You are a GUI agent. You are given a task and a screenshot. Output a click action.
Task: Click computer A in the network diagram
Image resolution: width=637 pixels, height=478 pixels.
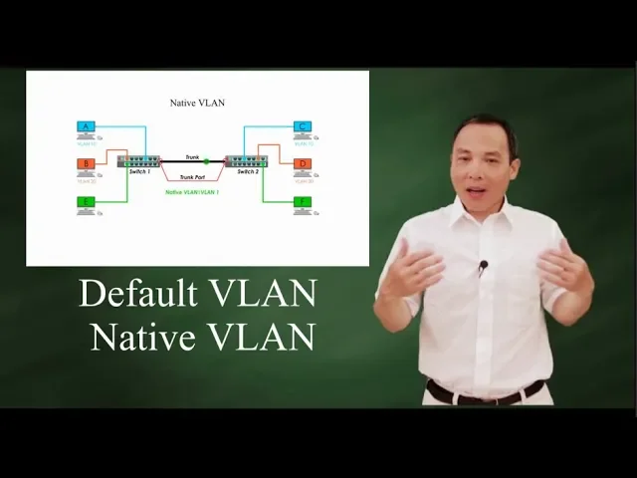(x=87, y=127)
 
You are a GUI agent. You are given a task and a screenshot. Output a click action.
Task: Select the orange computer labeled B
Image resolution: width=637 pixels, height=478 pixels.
(x=87, y=164)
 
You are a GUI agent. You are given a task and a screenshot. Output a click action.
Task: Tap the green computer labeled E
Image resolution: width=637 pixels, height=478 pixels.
(x=87, y=203)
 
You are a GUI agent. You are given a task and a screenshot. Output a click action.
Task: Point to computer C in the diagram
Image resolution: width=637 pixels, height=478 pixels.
(x=303, y=127)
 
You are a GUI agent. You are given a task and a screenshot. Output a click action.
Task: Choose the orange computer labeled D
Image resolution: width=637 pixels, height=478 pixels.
(x=303, y=164)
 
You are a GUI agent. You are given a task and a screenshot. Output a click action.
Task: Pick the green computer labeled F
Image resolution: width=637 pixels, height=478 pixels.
(x=303, y=203)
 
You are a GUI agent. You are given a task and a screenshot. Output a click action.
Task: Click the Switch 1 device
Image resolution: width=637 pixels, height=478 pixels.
(x=138, y=161)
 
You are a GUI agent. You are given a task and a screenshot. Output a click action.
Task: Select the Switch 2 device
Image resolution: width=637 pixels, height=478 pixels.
(x=242, y=161)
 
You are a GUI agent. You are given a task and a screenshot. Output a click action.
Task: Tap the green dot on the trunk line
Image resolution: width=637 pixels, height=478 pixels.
(x=206, y=161)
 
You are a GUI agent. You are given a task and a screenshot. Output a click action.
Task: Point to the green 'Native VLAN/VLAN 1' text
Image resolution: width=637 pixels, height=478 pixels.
(x=192, y=191)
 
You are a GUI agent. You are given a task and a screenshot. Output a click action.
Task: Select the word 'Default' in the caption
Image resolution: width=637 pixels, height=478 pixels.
(x=137, y=294)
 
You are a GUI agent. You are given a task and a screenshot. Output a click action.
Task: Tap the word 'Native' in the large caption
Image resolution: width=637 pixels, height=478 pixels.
(x=141, y=337)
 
